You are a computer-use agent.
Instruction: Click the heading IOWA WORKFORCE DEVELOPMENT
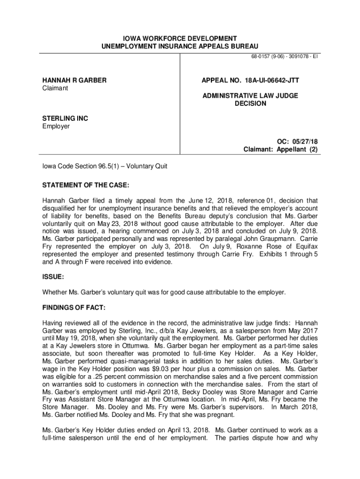coord(180,38)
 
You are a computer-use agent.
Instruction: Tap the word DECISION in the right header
coord(250,103)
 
